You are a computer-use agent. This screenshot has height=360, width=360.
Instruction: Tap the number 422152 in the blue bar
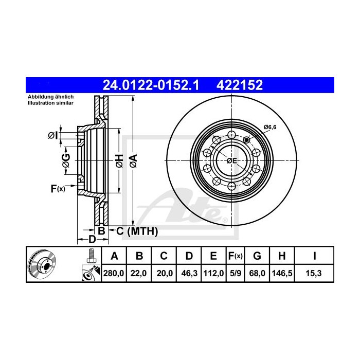click(240, 85)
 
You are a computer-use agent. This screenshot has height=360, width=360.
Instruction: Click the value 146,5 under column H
click(282, 274)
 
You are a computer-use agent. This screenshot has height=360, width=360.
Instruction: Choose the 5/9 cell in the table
click(235, 274)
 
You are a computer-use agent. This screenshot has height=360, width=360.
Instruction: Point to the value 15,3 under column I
click(314, 274)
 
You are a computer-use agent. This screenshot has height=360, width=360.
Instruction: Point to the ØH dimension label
click(119, 160)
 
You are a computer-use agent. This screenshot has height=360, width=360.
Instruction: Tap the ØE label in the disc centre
click(232, 160)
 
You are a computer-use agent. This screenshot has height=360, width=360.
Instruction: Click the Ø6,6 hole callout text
click(270, 127)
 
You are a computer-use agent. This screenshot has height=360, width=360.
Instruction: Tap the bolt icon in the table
click(91, 255)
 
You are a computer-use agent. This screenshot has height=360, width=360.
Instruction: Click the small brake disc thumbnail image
click(44, 264)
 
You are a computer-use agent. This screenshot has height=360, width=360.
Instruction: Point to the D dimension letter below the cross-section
click(92, 239)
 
